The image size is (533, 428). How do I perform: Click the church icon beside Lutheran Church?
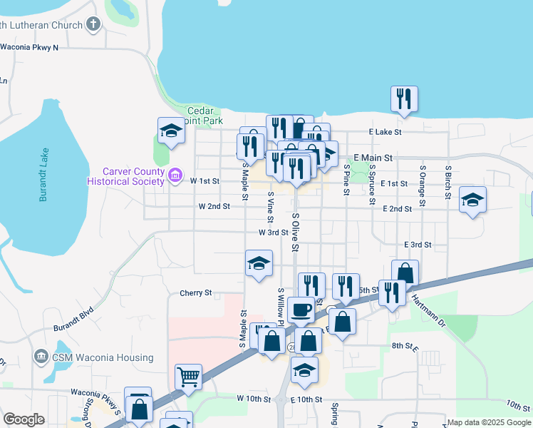pyautogui.click(x=93, y=26)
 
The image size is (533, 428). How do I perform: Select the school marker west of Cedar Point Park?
pyautogui.click(x=170, y=131)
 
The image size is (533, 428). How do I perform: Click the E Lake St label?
pyautogui.click(x=385, y=132)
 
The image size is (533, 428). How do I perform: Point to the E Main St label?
pyautogui.click(x=373, y=157)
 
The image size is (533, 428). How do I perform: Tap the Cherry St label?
pyautogui.click(x=196, y=292)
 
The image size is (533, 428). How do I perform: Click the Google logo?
pyautogui.click(x=24, y=419)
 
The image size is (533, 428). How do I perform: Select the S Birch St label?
pyautogui.click(x=448, y=185)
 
